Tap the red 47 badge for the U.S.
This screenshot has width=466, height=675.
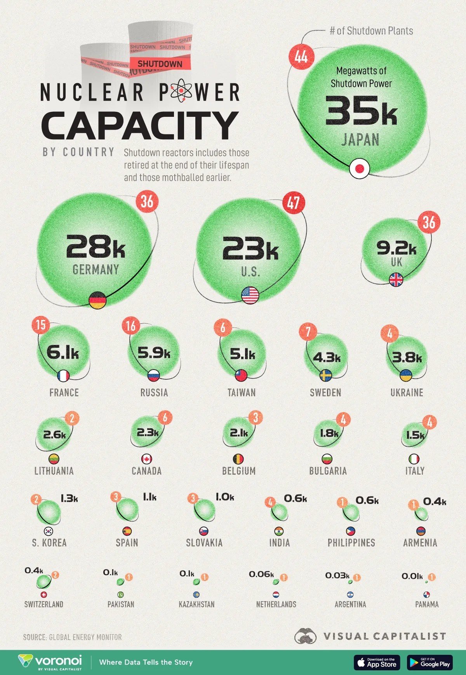point(294,203)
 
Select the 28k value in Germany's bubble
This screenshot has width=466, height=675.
point(96,247)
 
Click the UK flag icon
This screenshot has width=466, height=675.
point(396,279)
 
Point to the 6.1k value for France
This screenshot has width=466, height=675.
point(63,352)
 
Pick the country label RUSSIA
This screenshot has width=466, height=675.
point(154,392)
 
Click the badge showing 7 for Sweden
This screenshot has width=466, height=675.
point(308,332)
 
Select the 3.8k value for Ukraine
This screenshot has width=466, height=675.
point(407,357)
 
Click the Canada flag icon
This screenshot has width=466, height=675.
point(146,459)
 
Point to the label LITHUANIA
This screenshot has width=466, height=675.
point(54,471)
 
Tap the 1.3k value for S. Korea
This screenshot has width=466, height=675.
point(69,498)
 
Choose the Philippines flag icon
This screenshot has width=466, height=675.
point(351,531)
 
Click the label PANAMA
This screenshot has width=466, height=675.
point(427,604)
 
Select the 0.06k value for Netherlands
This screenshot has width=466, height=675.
point(261,574)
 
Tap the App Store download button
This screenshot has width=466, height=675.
point(376,663)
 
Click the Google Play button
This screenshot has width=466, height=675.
point(429,663)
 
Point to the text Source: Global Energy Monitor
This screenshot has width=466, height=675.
point(72,637)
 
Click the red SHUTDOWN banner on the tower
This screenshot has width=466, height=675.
point(160,64)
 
